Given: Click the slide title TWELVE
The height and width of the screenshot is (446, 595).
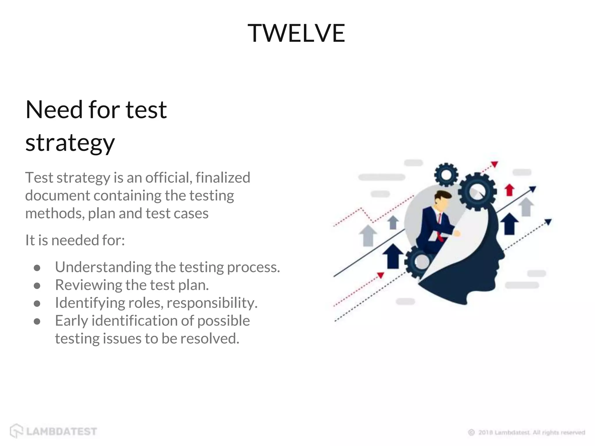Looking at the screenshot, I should (x=296, y=33).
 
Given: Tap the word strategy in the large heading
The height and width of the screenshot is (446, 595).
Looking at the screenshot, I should (x=70, y=143).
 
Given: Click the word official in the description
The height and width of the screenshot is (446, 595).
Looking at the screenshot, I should (x=168, y=177).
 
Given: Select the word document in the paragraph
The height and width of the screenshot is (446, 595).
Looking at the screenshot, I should (x=57, y=195).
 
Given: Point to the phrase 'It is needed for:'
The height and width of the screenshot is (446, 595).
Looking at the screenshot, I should (x=75, y=240).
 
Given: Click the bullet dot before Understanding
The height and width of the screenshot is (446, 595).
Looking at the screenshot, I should (x=37, y=268).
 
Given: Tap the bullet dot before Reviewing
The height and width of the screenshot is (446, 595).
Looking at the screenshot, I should (x=37, y=286).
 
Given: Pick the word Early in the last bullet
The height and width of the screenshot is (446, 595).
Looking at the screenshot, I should (x=71, y=321).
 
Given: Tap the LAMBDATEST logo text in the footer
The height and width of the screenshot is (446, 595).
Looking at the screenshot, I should (x=61, y=431).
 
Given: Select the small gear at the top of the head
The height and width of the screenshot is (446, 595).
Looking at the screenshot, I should (x=446, y=175).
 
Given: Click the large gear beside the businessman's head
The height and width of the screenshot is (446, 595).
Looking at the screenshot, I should (x=477, y=192).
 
